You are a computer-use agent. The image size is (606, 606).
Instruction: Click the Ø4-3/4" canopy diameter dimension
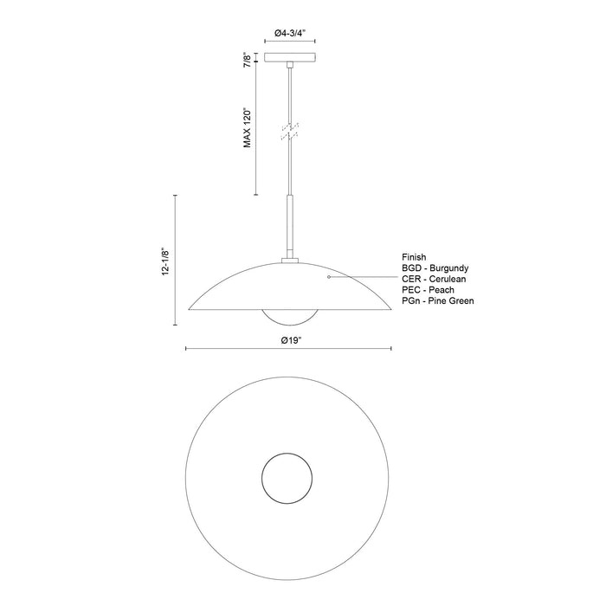click(290, 33)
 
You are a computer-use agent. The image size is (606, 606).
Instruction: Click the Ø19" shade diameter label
click(290, 340)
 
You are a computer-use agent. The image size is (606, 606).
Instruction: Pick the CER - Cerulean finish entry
click(436, 279)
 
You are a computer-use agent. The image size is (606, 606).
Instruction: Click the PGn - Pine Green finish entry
click(438, 300)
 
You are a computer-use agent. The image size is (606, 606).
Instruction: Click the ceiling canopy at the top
click(290, 60)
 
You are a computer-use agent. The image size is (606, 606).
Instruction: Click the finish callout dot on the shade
click(329, 278)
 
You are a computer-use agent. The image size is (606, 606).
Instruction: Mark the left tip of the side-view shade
click(189, 305)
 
